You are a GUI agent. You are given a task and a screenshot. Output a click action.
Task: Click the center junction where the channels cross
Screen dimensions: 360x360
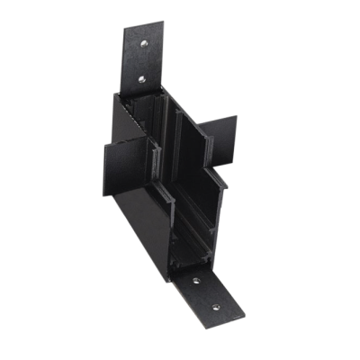click(175, 162)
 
